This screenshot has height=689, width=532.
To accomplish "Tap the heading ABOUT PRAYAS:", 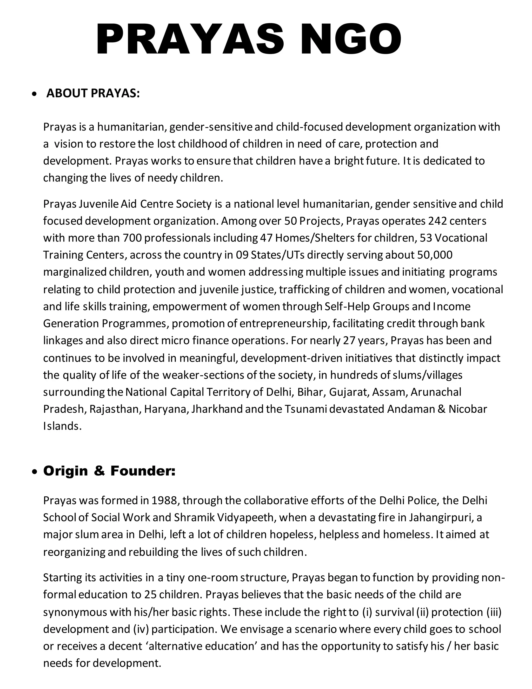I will (93, 93).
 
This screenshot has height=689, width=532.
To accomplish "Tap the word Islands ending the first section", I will (62, 426).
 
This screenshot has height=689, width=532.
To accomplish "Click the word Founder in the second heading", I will (142, 471).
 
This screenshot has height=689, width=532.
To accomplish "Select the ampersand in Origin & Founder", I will (99, 471).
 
